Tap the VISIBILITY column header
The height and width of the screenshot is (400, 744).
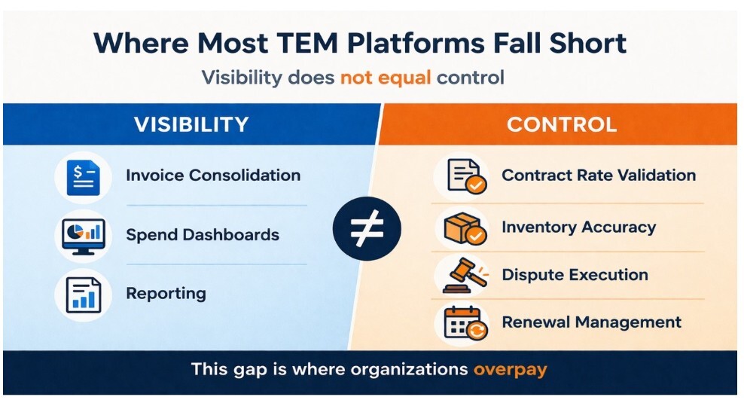tap(191, 124)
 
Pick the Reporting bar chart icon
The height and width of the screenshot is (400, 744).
tap(83, 294)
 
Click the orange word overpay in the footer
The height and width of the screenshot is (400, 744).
tap(510, 370)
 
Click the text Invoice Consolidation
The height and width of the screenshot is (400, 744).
tap(213, 176)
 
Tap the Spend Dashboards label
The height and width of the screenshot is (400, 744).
tap(203, 234)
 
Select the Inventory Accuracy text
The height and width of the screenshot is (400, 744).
tap(578, 227)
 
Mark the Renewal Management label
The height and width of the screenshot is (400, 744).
tap(591, 322)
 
